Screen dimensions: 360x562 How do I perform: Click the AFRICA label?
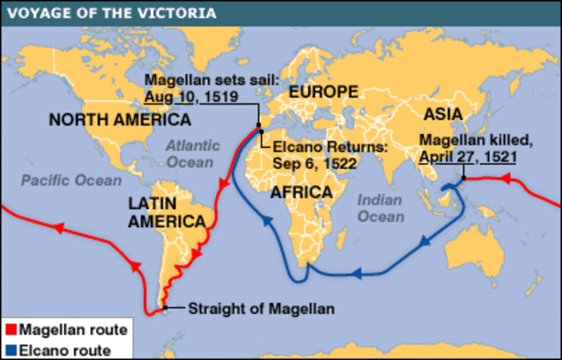[x=300, y=192]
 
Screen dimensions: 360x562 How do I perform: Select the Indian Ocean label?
[x=379, y=208]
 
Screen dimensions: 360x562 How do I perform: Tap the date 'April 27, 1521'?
[x=466, y=157]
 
